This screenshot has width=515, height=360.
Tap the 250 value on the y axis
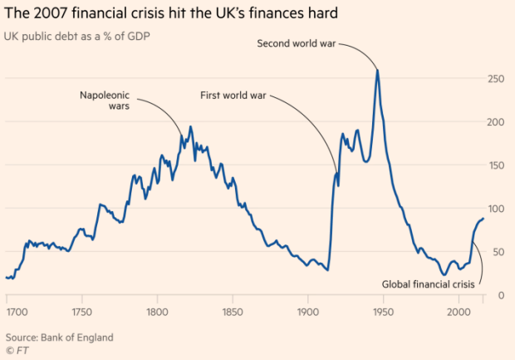pyautogui.click(x=497, y=78)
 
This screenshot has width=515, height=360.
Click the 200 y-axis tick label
pyautogui.click(x=497, y=121)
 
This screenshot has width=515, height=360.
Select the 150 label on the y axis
pyautogui.click(x=497, y=165)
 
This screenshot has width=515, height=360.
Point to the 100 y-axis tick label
pyautogui.click(x=497, y=208)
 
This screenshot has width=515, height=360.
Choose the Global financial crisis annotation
pyautogui.click(x=427, y=284)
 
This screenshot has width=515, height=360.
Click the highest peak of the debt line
pyautogui.click(x=378, y=70)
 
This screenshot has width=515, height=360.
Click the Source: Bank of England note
pyautogui.click(x=59, y=338)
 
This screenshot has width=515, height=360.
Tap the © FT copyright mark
pyautogui.click(x=18, y=352)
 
